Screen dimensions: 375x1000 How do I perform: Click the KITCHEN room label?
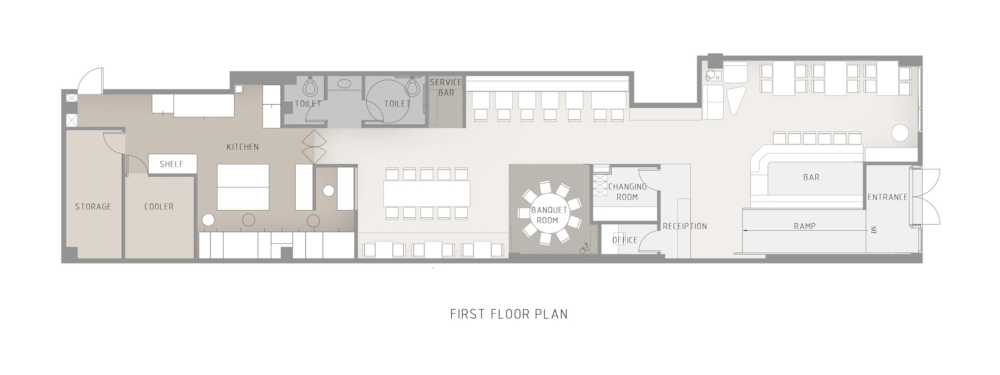click(x=242, y=147)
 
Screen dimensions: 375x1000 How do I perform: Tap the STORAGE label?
click(x=93, y=207)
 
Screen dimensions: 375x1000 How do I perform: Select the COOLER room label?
click(x=159, y=207)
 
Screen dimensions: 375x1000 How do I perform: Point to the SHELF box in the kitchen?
click(x=172, y=164)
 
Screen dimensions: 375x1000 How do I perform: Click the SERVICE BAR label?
click(x=446, y=88)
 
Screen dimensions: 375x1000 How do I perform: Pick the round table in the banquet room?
click(x=547, y=215)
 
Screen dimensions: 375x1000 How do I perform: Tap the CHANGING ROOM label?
click(x=627, y=192)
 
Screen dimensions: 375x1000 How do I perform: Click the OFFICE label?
click(x=625, y=240)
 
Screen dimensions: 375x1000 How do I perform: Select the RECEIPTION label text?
click(x=685, y=226)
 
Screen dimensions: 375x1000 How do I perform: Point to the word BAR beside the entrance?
click(x=811, y=177)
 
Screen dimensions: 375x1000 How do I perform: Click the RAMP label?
click(x=804, y=226)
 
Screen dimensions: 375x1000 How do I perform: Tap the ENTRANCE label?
click(x=887, y=197)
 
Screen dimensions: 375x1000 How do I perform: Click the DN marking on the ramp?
click(x=874, y=230)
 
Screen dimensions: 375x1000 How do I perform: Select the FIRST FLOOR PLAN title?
click(x=509, y=314)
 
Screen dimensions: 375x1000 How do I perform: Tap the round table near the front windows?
click(x=899, y=133)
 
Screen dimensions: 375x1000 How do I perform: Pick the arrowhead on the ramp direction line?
click(x=745, y=231)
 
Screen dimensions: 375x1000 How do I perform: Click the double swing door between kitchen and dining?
click(x=314, y=146)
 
